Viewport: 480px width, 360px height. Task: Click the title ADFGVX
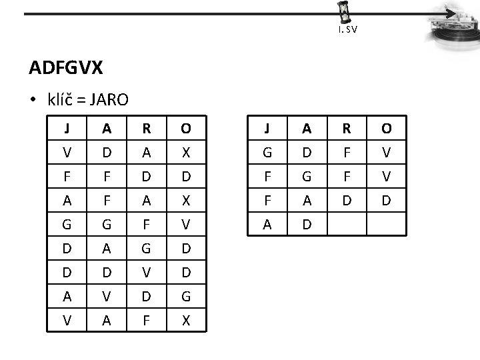[x=65, y=67]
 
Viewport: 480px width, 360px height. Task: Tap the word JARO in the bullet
[x=109, y=99]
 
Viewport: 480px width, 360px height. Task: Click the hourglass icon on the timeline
[x=344, y=13]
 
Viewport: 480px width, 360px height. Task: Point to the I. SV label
[x=347, y=30]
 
